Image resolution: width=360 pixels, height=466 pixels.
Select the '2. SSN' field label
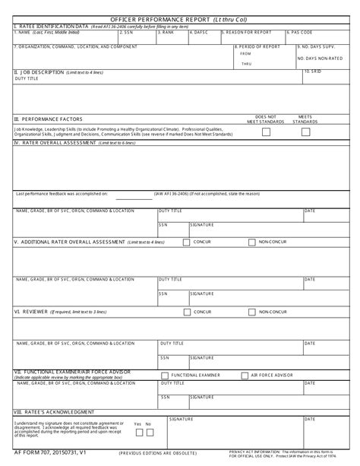tap(129, 33)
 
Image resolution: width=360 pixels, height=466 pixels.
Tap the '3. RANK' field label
tap(168, 33)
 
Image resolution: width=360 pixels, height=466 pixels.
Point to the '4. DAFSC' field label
tap(201, 33)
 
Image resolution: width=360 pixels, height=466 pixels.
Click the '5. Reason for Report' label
tap(248, 33)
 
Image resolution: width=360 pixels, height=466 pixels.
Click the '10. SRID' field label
tap(313, 71)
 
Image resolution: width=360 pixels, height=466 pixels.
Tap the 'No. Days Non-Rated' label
tap(318, 59)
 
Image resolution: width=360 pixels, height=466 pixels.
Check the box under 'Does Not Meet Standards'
tap(266, 132)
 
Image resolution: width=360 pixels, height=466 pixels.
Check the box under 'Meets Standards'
tap(306, 132)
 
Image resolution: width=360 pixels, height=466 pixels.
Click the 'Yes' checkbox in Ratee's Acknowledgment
tap(139, 433)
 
